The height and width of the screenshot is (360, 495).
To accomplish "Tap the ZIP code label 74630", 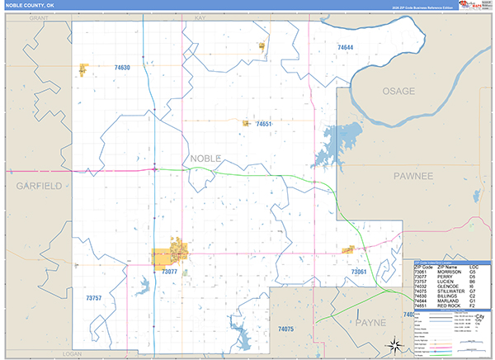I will coord(122,68).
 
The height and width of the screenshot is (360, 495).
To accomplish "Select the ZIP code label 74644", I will coord(345,48).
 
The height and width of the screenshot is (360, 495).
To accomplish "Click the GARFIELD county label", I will coord(39,187).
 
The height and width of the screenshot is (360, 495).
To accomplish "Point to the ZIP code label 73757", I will coord(94,297).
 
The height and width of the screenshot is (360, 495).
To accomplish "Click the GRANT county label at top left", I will coord(40,16).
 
